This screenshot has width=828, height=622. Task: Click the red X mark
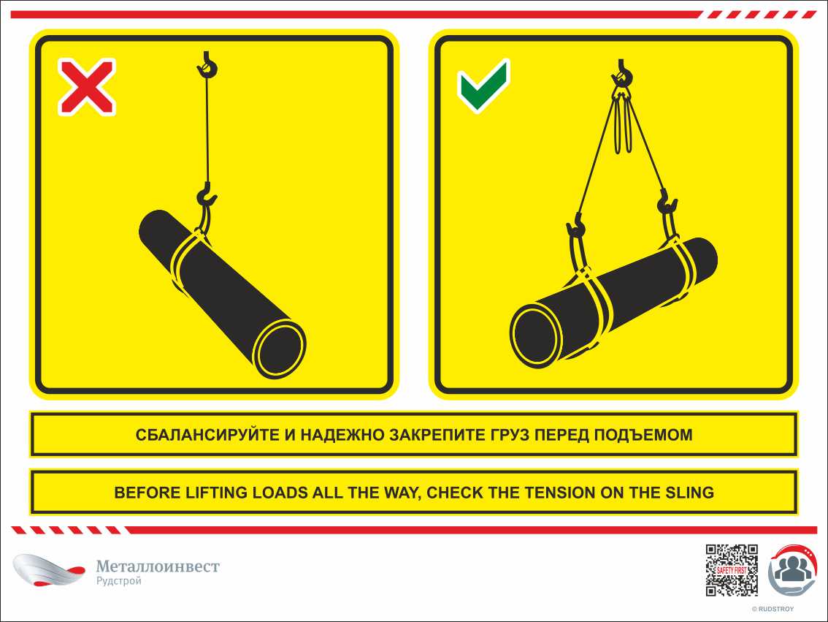point(87,87)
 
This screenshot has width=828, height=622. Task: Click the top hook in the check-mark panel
point(621,73)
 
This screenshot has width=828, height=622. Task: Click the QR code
point(732,570)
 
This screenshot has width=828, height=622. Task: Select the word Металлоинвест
point(158,566)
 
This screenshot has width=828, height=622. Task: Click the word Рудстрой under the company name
point(119,581)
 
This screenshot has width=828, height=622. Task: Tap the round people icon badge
point(792,569)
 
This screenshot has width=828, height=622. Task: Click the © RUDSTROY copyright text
point(773,610)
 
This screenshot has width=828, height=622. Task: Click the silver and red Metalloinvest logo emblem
point(49,569)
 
